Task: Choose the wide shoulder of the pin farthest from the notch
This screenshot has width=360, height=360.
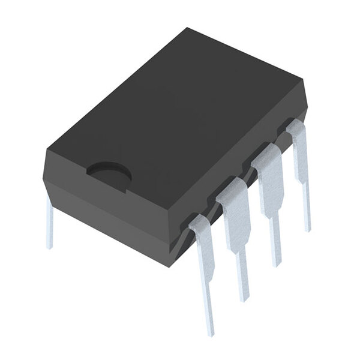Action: [x=299, y=144]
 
